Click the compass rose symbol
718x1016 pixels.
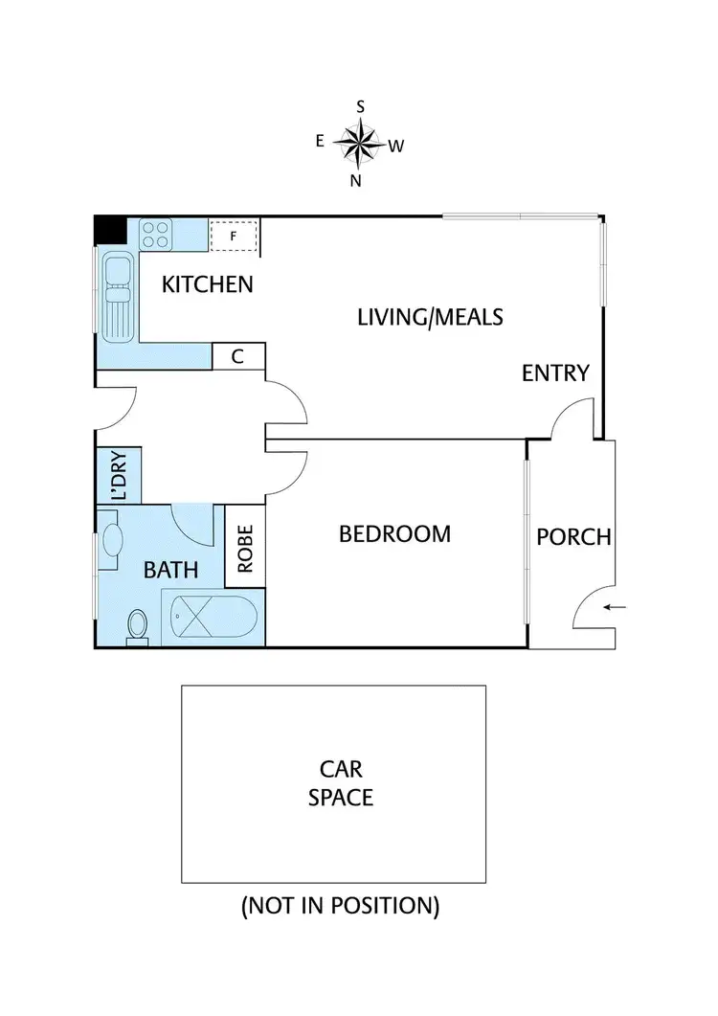(x=359, y=145)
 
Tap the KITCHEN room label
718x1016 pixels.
(x=207, y=284)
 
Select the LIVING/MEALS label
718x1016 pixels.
(x=430, y=316)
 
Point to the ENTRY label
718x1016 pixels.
(x=555, y=373)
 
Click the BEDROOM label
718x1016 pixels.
(x=394, y=533)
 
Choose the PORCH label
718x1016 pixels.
(x=572, y=536)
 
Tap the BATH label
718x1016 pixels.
(x=170, y=571)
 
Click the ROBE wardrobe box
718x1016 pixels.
(x=245, y=547)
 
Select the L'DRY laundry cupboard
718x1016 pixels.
(x=119, y=475)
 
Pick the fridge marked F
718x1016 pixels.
(x=234, y=235)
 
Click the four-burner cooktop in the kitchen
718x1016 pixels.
(x=157, y=234)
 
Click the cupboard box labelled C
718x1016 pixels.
(x=238, y=356)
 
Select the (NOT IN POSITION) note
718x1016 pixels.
(x=340, y=906)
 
